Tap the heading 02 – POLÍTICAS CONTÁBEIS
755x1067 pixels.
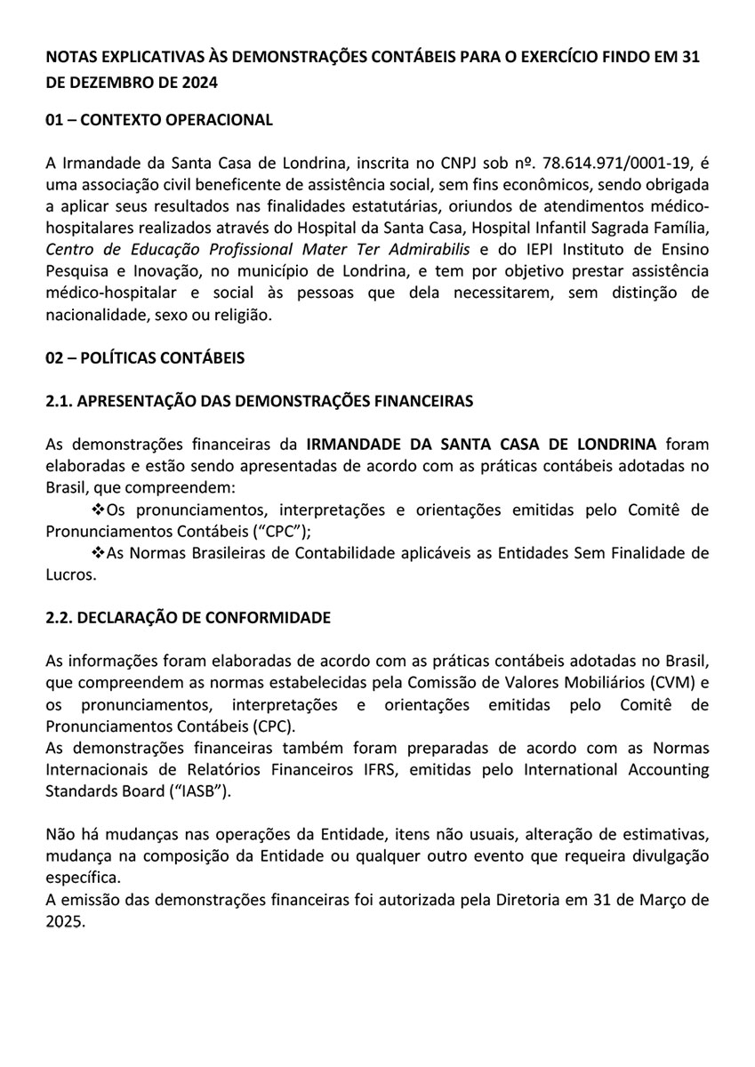[144, 357]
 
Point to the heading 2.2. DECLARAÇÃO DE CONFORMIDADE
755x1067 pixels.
[188, 617]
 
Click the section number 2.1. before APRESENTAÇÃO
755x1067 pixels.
[59, 401]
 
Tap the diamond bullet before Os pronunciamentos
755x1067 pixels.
[99, 509]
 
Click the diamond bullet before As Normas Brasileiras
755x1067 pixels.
[99, 553]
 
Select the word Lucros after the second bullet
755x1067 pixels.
[68, 574]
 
